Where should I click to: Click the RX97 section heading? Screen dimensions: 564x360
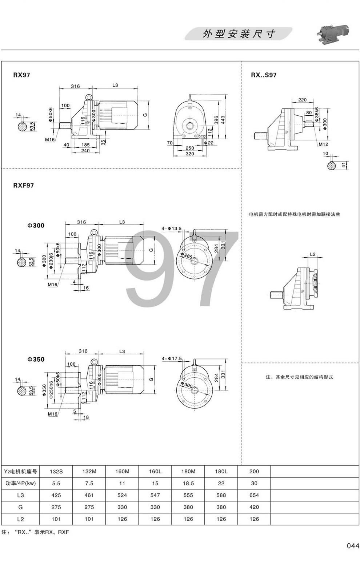(21, 75)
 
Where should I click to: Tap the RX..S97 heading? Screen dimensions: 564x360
(264, 75)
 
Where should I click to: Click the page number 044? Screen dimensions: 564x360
(353, 546)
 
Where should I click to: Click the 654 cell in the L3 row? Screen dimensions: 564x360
(254, 495)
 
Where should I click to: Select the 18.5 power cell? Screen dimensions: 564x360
(188, 484)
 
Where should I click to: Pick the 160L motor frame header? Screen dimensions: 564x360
(155, 472)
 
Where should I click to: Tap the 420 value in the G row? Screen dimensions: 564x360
(254, 507)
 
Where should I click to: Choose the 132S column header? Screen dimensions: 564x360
(56, 472)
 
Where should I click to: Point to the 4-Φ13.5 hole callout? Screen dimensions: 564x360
(171, 229)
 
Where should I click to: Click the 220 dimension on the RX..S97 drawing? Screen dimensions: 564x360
(302, 100)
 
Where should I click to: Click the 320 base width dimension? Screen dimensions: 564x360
(190, 154)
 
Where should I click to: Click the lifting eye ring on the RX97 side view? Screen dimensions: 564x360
(88, 97)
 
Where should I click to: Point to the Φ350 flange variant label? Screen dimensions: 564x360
(36, 360)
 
